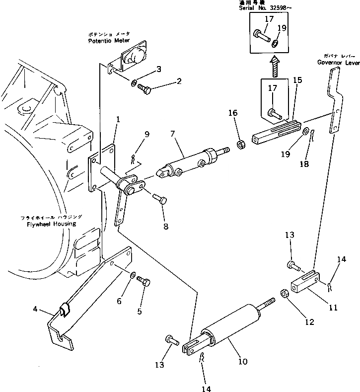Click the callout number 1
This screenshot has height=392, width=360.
pyautogui.click(x=118, y=119)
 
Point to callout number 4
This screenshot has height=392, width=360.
pyautogui.click(x=35, y=310)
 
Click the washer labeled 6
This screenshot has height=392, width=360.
pyautogui.click(x=134, y=275)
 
